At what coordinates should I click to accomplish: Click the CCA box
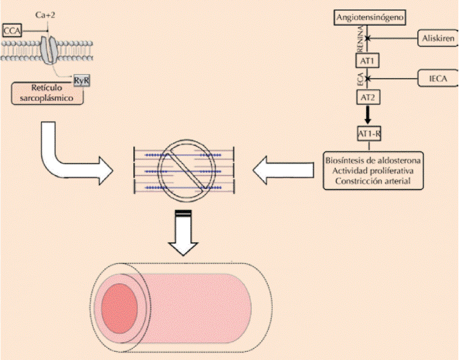coord(12,30)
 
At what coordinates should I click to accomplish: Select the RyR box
coord(82,81)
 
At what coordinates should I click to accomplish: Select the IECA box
coord(435,78)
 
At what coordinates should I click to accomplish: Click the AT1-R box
coord(369,133)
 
